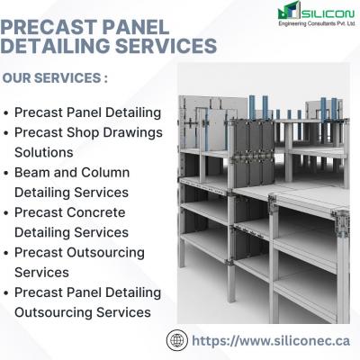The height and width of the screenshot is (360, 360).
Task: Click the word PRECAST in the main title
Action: [49, 27]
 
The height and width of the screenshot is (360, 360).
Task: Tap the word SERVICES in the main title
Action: [166, 46]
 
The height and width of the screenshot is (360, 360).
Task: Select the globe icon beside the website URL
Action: [177, 340]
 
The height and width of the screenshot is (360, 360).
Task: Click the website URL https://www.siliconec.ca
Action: [271, 341]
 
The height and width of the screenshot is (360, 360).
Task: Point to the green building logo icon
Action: [289, 11]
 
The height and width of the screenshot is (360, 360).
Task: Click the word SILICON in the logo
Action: [328, 13]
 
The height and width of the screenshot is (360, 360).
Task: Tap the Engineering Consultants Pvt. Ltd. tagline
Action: [317, 23]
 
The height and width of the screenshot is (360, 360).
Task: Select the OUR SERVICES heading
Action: [55, 78]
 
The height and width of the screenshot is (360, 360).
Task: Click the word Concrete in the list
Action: [96, 212]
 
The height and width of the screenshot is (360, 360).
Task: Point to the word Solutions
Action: [44, 152]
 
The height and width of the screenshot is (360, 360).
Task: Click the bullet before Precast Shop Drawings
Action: [6, 133]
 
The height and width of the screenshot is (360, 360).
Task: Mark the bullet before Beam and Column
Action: [6, 174]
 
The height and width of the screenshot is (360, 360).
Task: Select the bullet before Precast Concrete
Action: [6, 213]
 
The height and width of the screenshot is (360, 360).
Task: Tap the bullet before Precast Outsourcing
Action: [6, 253]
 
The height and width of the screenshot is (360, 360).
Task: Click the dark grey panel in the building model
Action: [254, 153]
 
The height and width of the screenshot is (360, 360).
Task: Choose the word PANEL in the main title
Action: [136, 27]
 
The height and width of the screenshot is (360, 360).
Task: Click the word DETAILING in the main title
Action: [56, 46]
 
